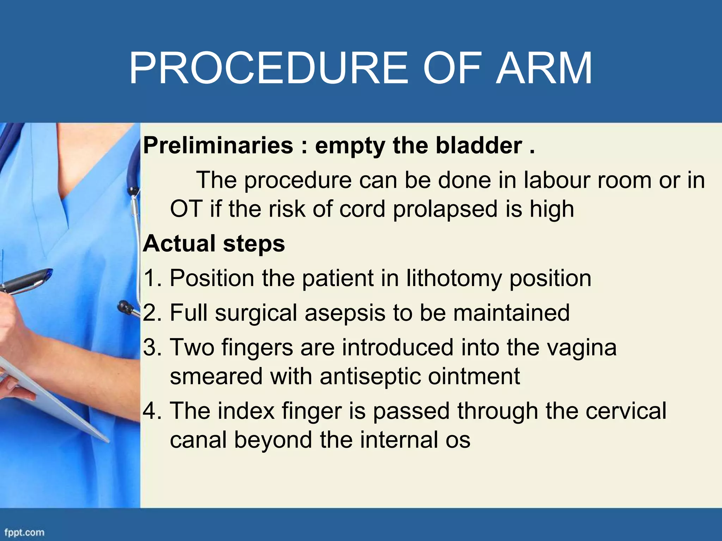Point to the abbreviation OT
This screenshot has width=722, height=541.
tap(186, 209)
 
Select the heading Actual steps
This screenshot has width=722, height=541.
tap(214, 243)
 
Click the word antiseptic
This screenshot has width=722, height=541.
tap(370, 376)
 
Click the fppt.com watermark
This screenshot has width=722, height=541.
tap(24, 532)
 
